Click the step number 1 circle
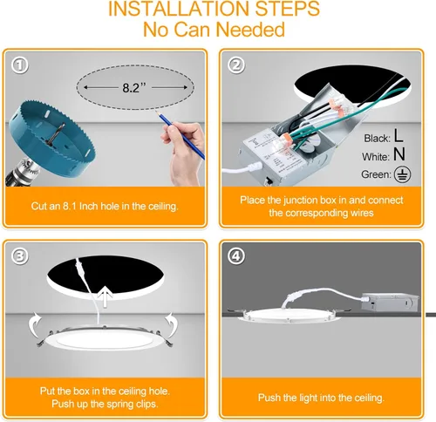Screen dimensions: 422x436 click(20, 66)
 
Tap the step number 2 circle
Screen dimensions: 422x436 click(236, 66)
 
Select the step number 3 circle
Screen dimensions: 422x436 click(20, 256)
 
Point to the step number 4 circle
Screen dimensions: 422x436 click(236, 256)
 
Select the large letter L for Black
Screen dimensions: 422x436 click(398, 136)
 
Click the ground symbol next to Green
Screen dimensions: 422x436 click(399, 176)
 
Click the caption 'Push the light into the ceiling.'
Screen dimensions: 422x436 click(321, 397)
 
